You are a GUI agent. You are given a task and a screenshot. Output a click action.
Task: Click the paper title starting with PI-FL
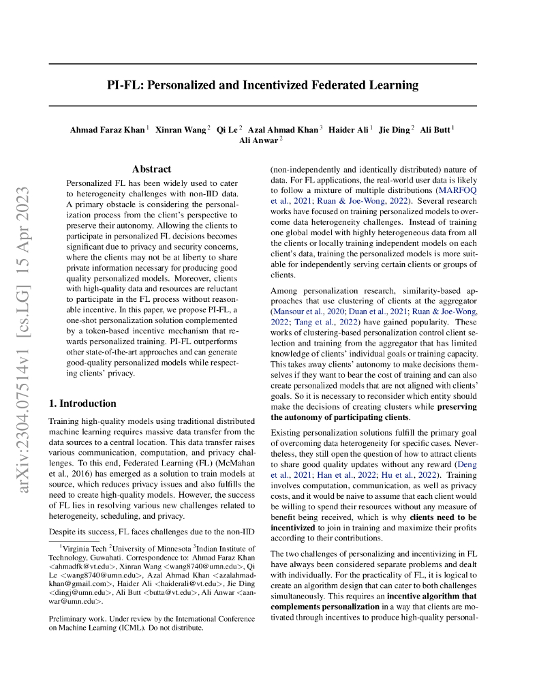point(262,85)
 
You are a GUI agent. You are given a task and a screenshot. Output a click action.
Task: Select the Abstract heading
point(151,169)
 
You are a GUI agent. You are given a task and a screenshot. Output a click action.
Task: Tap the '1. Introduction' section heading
point(82,403)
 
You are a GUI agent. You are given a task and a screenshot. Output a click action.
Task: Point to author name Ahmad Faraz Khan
point(107,130)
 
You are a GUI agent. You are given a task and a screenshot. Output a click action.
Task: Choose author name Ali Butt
point(435,130)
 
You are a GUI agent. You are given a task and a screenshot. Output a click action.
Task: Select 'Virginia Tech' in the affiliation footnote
point(84,547)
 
